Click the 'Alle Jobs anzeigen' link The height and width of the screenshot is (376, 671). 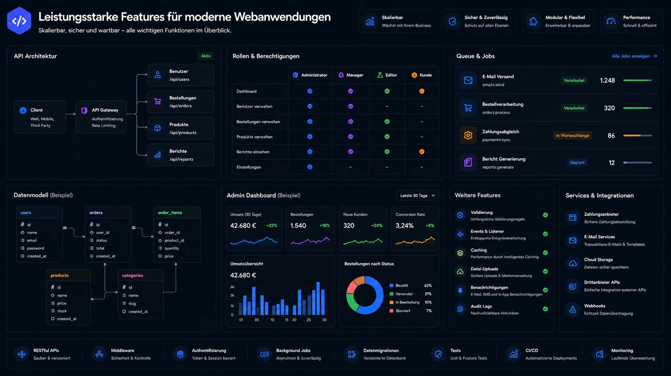tap(634, 56)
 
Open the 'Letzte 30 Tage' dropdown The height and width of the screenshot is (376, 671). tap(417, 195)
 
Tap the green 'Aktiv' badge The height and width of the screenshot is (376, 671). tap(206, 56)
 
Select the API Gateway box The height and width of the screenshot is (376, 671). tap(101, 117)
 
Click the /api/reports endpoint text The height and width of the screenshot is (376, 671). tap(181, 159)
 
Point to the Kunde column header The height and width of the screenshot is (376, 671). tap(422, 75)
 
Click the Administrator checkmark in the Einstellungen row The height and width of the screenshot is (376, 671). tap(310, 167)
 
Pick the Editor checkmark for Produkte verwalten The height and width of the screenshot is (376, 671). tap(387, 137)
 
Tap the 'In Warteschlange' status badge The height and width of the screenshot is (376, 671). tap(572, 136)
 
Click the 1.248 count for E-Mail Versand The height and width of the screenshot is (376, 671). tap(607, 80)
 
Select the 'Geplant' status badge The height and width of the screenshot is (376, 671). tap(577, 163)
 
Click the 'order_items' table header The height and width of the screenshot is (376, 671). tap(170, 213)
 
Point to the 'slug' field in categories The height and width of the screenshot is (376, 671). tap(132, 303)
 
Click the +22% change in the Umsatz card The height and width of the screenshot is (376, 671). tap(272, 225)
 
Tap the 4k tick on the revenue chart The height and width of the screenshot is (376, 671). tap(232, 287)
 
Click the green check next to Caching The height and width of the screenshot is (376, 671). tap(545, 253)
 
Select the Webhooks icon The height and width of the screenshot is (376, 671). tap(572, 310)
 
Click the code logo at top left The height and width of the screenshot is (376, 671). tap(19, 21)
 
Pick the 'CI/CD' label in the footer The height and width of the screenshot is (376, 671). tap(532, 350)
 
